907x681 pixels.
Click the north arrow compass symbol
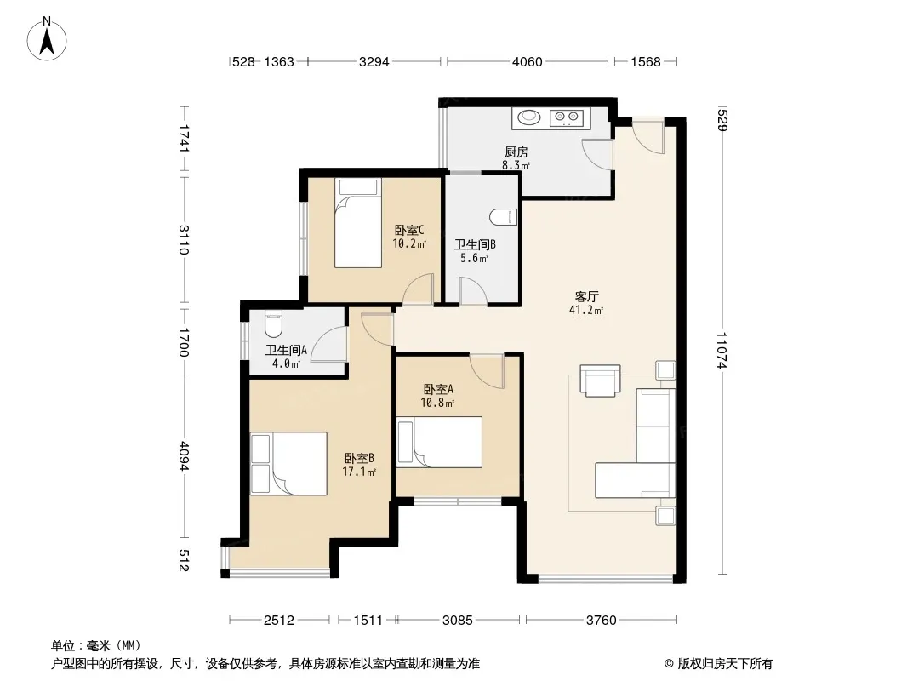(47, 39)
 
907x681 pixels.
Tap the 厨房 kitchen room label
(516, 152)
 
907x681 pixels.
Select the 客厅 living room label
(586, 297)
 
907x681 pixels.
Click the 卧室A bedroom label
(438, 389)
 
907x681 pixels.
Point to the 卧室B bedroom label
(359, 458)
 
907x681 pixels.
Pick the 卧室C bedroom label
(409, 231)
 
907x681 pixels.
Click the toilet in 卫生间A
(273, 324)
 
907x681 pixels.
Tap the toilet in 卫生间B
(503, 218)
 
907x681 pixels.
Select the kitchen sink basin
(528, 117)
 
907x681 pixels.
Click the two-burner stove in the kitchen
(567, 118)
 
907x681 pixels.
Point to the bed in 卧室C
(358, 223)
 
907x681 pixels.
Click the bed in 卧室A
(440, 442)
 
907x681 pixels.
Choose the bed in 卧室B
(288, 463)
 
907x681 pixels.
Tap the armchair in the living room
(600, 381)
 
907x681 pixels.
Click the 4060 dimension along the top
(527, 61)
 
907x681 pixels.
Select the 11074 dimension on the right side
(722, 350)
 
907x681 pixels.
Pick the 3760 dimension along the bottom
(601, 621)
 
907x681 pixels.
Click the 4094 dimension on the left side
(184, 456)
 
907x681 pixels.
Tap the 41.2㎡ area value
(586, 310)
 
